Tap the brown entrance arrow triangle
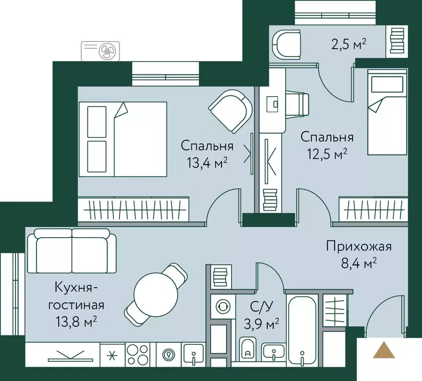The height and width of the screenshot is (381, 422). click(384, 351)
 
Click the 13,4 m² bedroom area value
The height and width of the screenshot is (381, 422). click(207, 162)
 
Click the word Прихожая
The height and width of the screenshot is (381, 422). click(359, 246)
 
